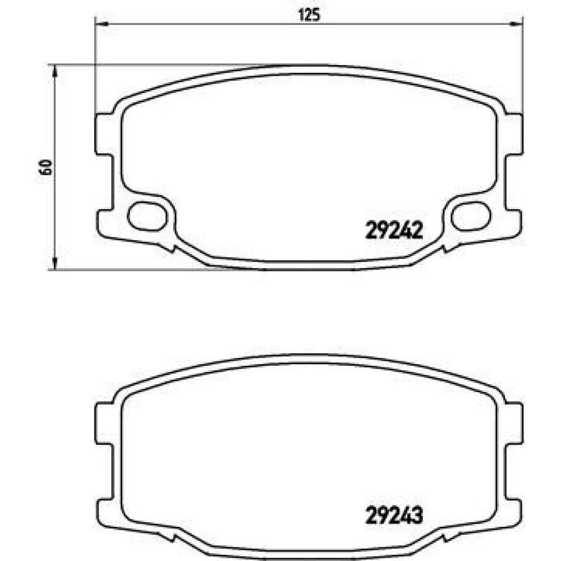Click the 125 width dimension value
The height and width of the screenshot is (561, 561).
point(309,15)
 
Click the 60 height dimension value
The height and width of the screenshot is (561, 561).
point(46,167)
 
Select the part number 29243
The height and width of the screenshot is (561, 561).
point(394,515)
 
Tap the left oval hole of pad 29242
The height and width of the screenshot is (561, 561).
point(147,216)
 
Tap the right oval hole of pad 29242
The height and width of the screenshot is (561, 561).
point(471,216)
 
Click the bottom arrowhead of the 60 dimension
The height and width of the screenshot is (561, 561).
point(54,263)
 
